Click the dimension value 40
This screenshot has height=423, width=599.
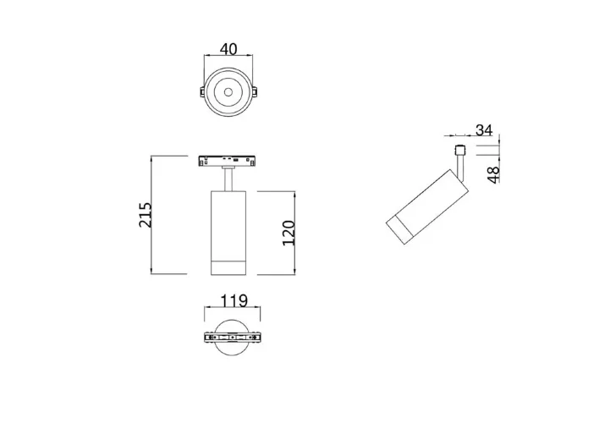click(228, 49)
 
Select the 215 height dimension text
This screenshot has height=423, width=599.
click(145, 215)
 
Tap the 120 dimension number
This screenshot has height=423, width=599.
click(288, 232)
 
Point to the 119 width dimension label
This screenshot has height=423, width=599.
click(232, 300)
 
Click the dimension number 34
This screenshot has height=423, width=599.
click(484, 130)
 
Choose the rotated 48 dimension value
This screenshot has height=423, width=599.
click(494, 174)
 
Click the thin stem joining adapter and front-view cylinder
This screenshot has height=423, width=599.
click(228, 179)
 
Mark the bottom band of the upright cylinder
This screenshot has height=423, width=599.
click(228, 267)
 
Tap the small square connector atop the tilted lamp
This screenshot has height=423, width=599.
click(459, 151)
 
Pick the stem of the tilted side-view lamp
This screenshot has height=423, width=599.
click(460, 168)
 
